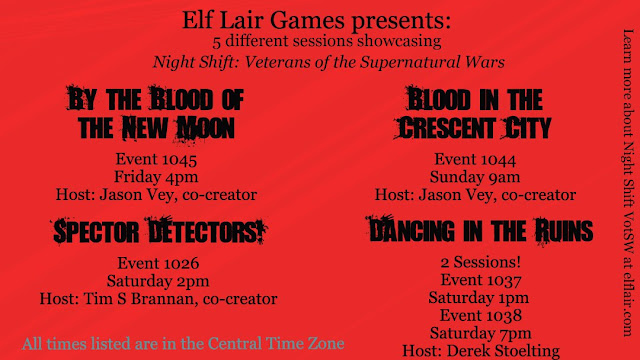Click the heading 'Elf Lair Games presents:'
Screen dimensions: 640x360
point(316,20)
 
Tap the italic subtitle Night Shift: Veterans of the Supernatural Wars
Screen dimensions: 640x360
point(329,62)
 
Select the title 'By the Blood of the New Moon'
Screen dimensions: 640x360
point(156,114)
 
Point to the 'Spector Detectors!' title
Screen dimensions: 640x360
point(159,231)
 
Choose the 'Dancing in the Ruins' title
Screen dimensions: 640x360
point(480,231)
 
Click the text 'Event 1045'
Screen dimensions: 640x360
point(156,159)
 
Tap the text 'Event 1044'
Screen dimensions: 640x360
point(475,159)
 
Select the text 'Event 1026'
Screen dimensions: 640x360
point(158,263)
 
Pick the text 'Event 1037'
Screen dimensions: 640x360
point(481,280)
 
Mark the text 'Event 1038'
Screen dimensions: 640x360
point(481,316)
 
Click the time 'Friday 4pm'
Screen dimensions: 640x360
point(156,177)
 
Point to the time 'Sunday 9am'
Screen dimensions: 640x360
point(475,177)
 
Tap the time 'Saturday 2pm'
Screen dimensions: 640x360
point(158,281)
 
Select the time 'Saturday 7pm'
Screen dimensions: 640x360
point(481,333)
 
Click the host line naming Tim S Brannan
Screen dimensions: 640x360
point(158,299)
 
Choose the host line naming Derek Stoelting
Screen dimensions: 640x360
point(481,351)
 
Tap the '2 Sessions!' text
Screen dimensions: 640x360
point(481,262)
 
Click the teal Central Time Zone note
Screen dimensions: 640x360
point(183,344)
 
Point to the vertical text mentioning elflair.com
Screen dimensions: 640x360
point(628,183)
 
